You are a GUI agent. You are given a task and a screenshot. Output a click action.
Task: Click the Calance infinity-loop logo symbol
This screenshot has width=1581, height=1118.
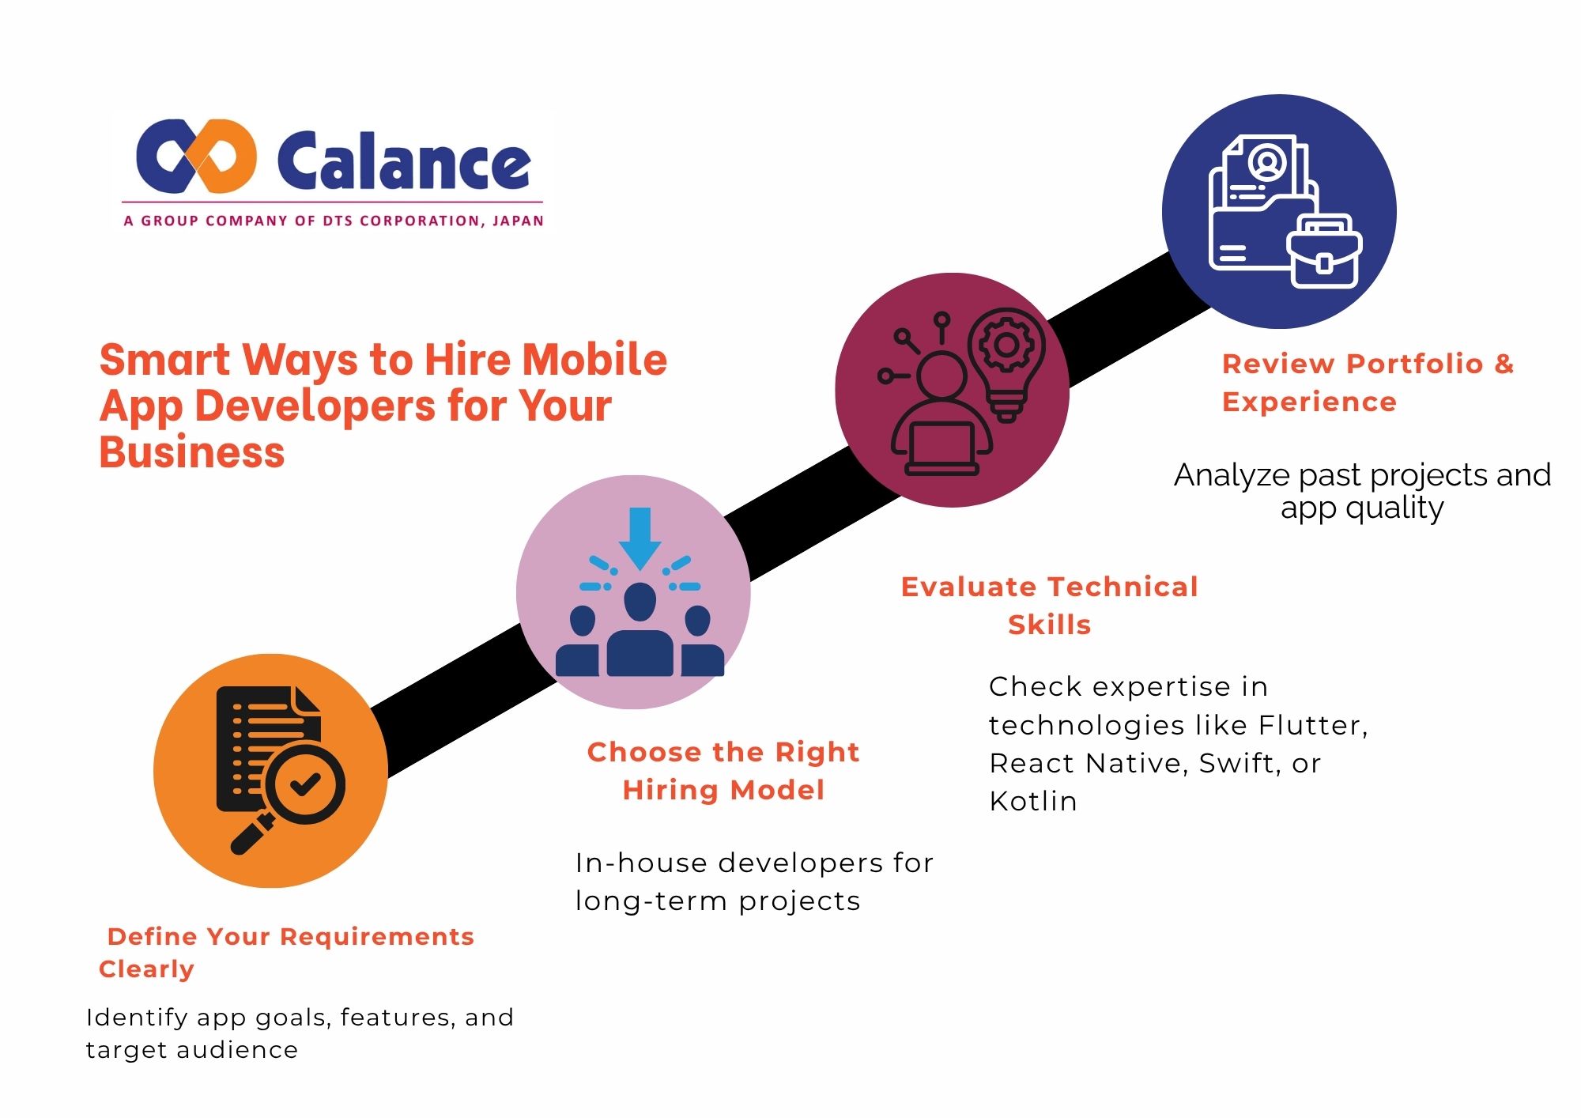(196, 157)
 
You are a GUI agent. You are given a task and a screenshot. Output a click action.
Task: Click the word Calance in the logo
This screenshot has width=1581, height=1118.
(403, 161)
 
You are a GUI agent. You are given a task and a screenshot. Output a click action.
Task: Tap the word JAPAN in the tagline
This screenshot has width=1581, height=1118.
(518, 221)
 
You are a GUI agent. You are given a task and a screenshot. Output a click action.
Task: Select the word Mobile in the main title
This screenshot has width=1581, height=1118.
(594, 360)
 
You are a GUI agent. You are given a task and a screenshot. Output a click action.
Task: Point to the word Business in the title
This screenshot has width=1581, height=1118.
(191, 452)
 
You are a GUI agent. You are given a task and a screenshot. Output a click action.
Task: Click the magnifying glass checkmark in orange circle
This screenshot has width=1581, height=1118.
(304, 784)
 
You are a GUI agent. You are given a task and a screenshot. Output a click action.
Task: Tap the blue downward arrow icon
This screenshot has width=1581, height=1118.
(640, 538)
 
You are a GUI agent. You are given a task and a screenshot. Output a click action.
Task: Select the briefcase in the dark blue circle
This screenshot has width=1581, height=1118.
(1324, 251)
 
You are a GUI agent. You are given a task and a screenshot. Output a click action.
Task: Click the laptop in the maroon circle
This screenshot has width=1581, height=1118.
(941, 448)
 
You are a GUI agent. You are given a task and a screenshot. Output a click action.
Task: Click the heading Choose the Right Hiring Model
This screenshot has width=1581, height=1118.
(723, 770)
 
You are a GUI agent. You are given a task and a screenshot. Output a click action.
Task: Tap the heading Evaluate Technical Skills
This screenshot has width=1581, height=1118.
(1049, 606)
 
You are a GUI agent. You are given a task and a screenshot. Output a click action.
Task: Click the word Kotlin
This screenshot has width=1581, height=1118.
(1033, 802)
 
